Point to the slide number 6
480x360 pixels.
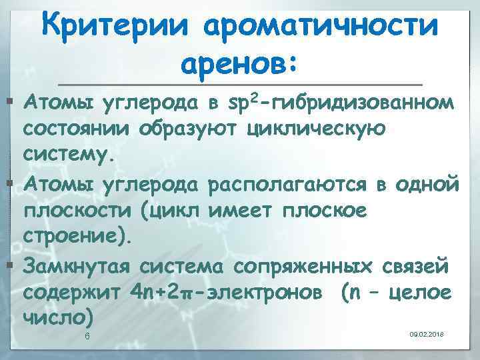(x=87, y=335)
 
